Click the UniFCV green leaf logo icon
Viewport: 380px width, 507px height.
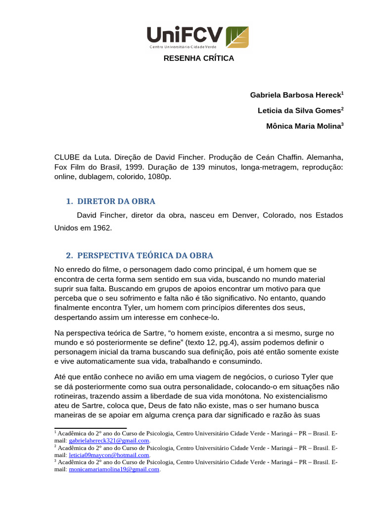pyautogui.click(x=237, y=37)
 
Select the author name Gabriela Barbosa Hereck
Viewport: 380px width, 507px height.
pyautogui.click(x=295, y=95)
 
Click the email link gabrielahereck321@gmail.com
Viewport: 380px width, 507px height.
pyautogui.click(x=109, y=440)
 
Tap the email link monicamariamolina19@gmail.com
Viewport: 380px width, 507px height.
pyautogui.click(x=114, y=469)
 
